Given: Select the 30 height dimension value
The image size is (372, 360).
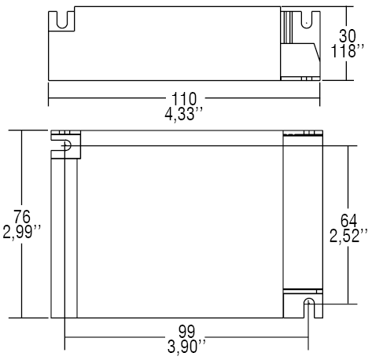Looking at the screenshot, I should pyautogui.click(x=347, y=37).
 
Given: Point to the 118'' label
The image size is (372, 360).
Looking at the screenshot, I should pyautogui.click(x=347, y=51).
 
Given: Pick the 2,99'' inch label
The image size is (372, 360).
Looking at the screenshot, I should pyautogui.click(x=21, y=232).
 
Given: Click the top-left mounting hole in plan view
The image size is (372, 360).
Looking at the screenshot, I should pyautogui.click(x=66, y=145).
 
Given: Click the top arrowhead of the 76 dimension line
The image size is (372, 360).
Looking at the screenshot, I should pyautogui.click(x=21, y=133).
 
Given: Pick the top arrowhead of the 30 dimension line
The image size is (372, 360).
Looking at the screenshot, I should pyautogui.click(x=347, y=13).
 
